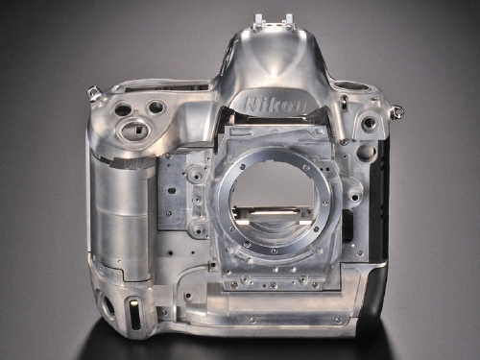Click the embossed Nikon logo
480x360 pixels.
pyautogui.click(x=275, y=105)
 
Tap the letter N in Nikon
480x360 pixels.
pyautogui.click(x=251, y=105)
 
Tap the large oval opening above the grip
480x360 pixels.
pyautogui.click(x=132, y=129)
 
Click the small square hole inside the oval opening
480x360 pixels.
pyautogui.click(x=138, y=129)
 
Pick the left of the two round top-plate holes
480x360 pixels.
pyautogui.click(x=123, y=109)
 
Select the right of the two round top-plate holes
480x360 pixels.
pyautogui.click(x=156, y=108)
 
